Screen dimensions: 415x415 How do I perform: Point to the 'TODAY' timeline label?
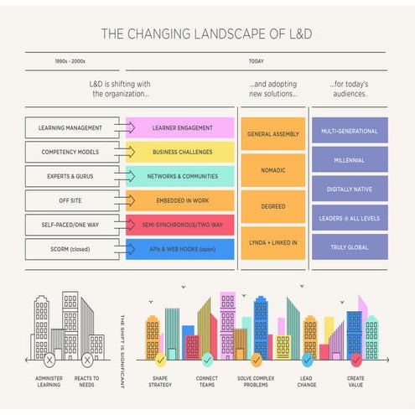(x=256, y=61)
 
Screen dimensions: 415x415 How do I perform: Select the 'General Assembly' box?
(x=272, y=134)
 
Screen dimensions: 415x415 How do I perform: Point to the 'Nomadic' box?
(x=272, y=170)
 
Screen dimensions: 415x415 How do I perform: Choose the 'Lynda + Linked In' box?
(x=272, y=242)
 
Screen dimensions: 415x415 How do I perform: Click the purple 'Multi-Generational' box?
(x=350, y=132)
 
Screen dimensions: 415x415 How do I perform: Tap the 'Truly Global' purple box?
(x=350, y=247)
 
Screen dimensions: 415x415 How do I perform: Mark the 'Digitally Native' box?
(x=350, y=189)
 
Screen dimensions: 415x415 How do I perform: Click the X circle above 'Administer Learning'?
(x=50, y=361)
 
